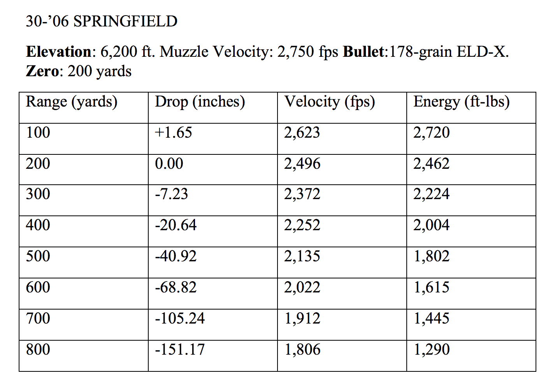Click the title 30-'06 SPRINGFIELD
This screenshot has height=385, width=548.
coord(102,21)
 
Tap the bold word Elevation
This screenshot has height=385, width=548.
coord(59,52)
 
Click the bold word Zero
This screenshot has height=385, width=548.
coord(42,71)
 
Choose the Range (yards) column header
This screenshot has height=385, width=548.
coord(72,102)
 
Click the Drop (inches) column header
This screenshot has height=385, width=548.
coord(200,102)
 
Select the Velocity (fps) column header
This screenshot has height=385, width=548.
coord(329,102)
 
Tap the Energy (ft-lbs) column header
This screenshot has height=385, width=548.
coord(461,102)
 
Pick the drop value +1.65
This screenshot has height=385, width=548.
coord(174,133)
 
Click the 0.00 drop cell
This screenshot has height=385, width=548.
coord(169,163)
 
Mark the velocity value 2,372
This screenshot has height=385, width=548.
coord(302,194)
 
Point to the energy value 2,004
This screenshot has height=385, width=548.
coord(431,225)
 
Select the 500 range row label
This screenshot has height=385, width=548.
coord(38,256)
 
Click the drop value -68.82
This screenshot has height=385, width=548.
coord(176,287)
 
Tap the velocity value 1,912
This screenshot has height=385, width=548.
coord(302,318)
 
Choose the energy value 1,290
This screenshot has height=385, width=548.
coord(431,349)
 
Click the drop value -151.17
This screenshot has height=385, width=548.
coord(180,349)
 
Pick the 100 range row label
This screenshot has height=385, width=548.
coord(38,133)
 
